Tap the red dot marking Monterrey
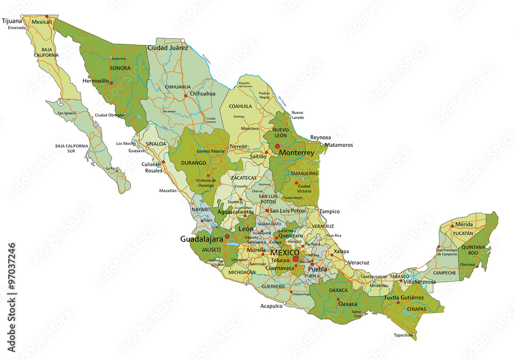coord(277,146)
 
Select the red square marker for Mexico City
coord(296,259)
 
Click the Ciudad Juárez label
coord(168,48)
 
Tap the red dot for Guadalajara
coord(227,237)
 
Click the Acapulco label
coord(271,305)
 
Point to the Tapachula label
coord(404,335)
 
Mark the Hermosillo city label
coord(96,81)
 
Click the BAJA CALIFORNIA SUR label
coord(72,149)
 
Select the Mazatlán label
coord(168,191)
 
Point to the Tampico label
coord(330,212)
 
